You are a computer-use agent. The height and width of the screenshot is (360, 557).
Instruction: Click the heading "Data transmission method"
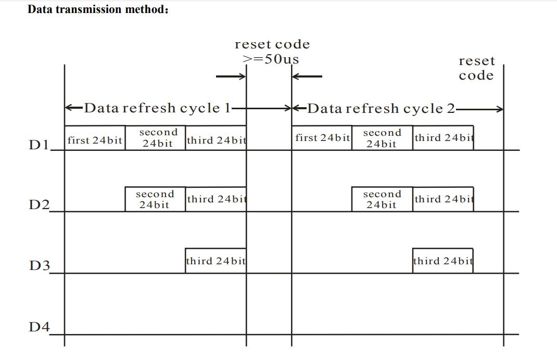97,9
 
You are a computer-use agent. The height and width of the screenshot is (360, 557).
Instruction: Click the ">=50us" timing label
271,59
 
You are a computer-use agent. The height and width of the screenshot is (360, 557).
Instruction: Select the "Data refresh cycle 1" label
157,108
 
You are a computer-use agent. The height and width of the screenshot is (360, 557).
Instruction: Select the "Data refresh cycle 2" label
381,108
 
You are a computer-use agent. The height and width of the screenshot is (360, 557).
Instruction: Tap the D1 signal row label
39,144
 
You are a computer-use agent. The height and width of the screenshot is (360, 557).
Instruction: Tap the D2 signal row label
39,205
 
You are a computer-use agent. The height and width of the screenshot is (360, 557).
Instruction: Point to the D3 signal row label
39,266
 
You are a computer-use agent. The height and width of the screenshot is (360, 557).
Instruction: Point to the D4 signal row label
39,327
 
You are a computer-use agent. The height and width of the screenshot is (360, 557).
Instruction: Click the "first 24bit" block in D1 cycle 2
322,138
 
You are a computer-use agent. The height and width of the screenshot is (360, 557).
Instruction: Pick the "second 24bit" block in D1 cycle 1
155,138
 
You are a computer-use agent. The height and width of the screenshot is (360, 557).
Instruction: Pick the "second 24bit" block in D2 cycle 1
155,199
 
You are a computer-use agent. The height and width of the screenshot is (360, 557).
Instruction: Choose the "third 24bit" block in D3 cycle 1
216,261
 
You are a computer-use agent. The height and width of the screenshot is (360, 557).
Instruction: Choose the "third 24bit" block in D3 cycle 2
443,261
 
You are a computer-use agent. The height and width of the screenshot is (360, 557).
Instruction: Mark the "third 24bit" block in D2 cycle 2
443,199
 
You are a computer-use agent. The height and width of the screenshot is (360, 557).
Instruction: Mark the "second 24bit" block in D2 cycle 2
382,199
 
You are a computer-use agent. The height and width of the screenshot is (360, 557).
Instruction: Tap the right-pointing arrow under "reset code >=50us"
231,77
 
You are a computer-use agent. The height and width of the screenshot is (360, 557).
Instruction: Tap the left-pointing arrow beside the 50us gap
307,77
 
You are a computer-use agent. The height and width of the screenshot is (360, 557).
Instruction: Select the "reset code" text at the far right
476,68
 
